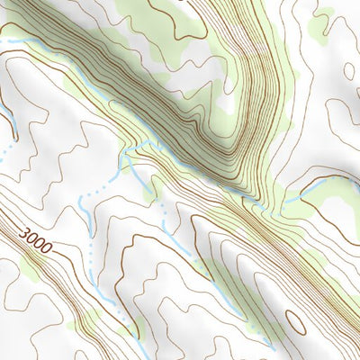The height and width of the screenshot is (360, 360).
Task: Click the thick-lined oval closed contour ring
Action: pos(295,321)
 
